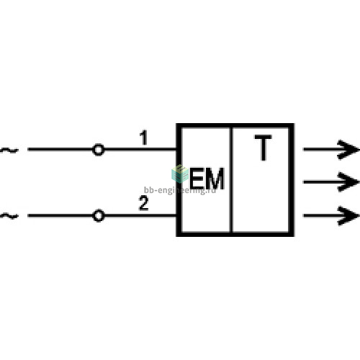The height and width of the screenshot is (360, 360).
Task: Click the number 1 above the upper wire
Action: tap(143, 138)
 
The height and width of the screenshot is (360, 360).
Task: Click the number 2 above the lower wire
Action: tap(143, 203)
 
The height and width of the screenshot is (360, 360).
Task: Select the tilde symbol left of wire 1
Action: tap(9, 150)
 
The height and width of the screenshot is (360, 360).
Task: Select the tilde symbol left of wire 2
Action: tap(9, 216)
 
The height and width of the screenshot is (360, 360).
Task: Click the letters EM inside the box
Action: tap(207, 179)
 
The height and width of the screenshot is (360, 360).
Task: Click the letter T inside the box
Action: tap(264, 148)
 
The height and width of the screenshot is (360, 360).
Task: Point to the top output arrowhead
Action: tap(348, 150)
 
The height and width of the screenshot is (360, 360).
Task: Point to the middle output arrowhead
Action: tap(348, 182)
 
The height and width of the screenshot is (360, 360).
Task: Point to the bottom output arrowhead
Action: tap(348, 215)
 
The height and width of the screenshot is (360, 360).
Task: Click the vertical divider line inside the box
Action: tap(232, 180)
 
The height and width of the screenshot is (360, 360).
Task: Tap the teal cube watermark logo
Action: tap(180, 174)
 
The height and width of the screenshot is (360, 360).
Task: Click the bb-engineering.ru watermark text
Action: tap(180, 190)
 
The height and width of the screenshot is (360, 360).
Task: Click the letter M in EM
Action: tap(215, 179)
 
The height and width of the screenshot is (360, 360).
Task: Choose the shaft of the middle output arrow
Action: tap(323, 182)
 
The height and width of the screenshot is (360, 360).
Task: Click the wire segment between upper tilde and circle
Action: tap(60, 149)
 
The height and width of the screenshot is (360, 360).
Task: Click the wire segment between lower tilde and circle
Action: tap(60, 215)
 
